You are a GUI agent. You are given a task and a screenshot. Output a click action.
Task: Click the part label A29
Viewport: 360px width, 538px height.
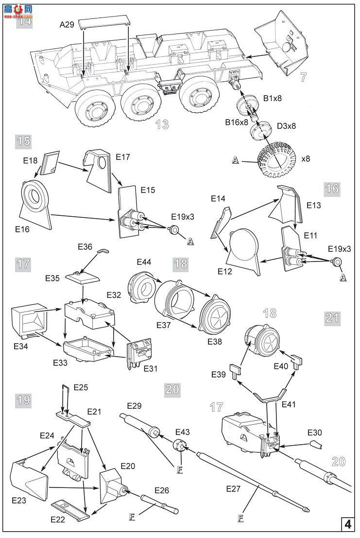coord(67,25)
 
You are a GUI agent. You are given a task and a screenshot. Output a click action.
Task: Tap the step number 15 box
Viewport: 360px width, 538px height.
coord(23,141)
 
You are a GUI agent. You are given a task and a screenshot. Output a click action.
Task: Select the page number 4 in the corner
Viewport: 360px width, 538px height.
coord(348,524)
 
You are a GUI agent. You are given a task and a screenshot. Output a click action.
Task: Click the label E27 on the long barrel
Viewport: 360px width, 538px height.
coord(233,488)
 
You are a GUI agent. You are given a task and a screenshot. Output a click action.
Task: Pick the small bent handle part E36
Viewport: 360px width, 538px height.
coord(103,251)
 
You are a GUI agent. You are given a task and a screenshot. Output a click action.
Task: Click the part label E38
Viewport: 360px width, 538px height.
coord(215,341)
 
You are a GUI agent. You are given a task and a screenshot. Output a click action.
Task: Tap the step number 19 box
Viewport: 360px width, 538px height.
coord(23,400)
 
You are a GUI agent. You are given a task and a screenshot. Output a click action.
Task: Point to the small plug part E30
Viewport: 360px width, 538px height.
coord(316,444)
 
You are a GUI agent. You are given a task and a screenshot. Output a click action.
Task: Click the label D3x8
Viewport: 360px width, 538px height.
coord(286,126)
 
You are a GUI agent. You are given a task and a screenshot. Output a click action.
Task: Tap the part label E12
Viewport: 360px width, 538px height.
coord(225,271)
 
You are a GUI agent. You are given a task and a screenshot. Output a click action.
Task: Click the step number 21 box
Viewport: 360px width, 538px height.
coord(332,317)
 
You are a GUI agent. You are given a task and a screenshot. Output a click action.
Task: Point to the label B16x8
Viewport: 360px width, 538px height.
coord(237,122)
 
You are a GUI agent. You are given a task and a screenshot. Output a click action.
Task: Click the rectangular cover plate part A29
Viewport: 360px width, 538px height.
coord(105,23)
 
